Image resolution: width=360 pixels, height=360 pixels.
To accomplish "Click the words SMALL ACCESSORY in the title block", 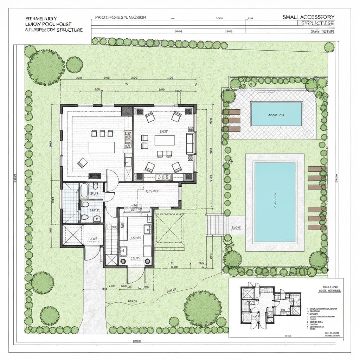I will [308, 17].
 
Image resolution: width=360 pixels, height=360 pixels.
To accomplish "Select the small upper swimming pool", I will [276, 114].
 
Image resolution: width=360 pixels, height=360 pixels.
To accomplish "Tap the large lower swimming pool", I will [275, 202].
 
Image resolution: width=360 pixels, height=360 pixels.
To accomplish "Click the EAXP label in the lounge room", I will [164, 131].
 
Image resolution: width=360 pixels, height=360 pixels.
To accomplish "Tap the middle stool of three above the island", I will [102, 133].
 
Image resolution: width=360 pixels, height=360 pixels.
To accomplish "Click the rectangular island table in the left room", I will [101, 147].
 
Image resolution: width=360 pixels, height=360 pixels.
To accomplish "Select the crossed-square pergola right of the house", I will [169, 228].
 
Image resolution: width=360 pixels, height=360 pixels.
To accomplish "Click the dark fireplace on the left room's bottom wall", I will [94, 176].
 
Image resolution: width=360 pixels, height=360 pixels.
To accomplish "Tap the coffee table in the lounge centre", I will [164, 140].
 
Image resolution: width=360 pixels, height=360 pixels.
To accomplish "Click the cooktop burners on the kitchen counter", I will [128, 135].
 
